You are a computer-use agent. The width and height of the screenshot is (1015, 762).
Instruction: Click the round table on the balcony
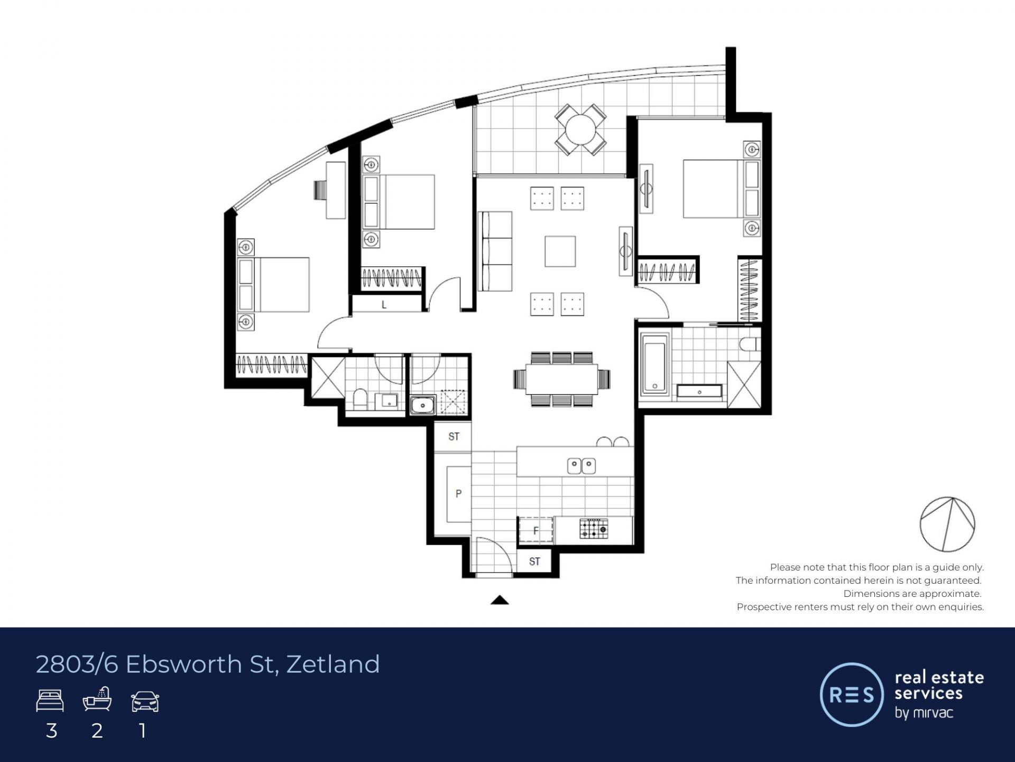[x=580, y=129]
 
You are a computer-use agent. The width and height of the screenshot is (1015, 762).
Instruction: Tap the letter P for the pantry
[x=458, y=493]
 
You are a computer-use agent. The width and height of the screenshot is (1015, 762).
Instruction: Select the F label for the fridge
[x=536, y=530]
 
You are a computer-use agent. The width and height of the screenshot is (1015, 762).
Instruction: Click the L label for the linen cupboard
[x=384, y=305]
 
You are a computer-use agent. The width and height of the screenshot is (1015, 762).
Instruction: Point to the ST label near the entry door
[x=534, y=561]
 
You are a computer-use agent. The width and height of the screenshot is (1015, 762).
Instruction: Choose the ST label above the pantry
[x=454, y=437]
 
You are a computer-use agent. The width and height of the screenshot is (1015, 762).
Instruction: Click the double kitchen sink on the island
[x=582, y=466]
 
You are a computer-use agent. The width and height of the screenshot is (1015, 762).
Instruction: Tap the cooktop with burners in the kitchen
[x=594, y=529]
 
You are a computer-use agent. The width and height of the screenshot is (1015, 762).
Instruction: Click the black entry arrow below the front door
[x=500, y=600]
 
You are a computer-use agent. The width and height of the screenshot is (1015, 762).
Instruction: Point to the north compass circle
[x=947, y=524]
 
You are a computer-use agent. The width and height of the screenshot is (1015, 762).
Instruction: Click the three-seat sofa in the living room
[x=495, y=251]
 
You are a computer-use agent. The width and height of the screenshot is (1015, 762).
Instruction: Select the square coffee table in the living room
[x=560, y=251]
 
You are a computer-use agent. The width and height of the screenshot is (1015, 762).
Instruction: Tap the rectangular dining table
[x=562, y=379]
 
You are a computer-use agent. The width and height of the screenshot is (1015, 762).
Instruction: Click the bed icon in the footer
[x=50, y=701]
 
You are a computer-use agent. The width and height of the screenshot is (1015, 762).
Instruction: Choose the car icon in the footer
[x=145, y=701]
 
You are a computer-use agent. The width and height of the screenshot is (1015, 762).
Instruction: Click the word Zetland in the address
[x=333, y=664]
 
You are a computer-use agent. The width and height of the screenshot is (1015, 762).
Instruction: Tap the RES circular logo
[x=852, y=694]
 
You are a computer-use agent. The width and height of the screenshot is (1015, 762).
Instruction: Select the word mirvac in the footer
[x=931, y=712]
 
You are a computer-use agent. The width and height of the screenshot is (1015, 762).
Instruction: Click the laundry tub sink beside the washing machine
[x=422, y=405]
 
